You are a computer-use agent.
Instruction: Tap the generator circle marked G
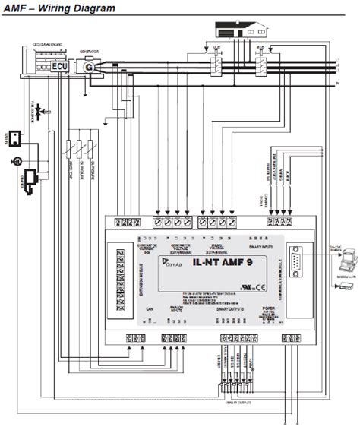coord(90,68)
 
